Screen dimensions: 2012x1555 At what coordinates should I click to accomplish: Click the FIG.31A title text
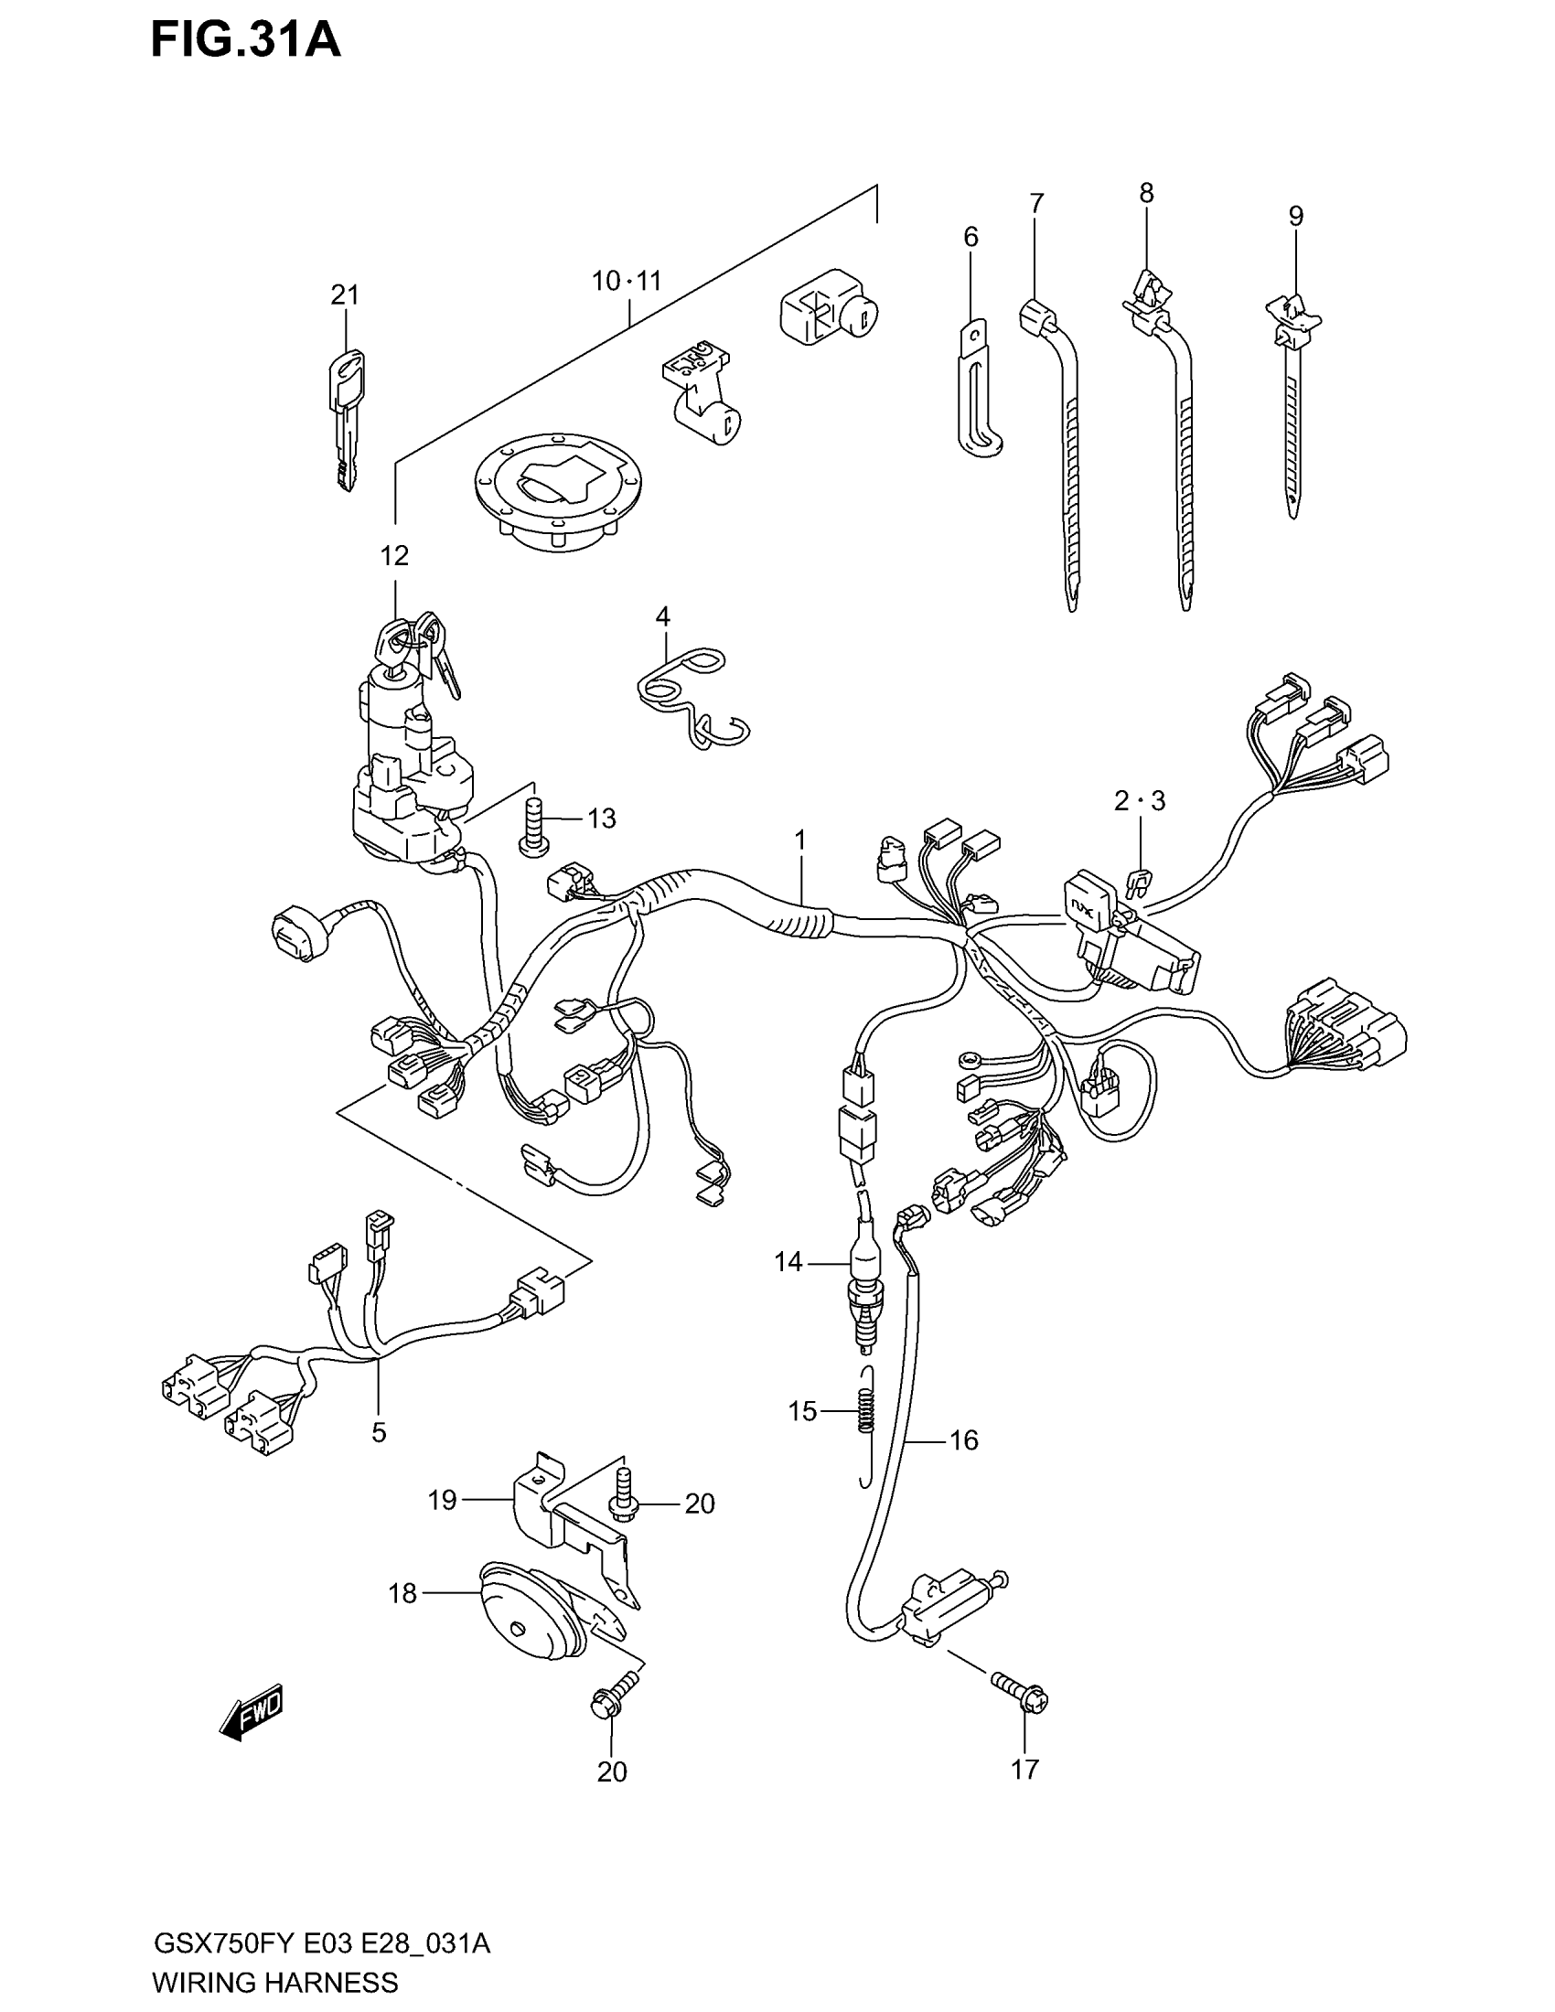(246, 41)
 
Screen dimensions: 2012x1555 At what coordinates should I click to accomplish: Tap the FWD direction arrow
(252, 1714)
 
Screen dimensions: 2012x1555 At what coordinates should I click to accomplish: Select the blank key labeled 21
(345, 419)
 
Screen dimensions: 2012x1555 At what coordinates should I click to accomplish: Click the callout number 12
(394, 556)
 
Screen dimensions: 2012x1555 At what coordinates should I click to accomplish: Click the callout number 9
(1295, 217)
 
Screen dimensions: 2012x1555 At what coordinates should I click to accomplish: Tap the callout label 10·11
(627, 281)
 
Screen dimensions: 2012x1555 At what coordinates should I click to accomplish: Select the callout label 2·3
(1139, 801)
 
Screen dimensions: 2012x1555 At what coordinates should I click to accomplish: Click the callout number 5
(379, 1432)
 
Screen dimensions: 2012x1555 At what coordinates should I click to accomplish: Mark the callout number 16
(963, 1439)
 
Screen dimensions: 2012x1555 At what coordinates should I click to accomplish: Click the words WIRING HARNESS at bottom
(274, 1981)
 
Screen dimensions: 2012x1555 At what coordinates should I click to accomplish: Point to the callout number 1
(800, 840)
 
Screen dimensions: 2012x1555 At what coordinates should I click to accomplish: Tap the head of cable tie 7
(1037, 319)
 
